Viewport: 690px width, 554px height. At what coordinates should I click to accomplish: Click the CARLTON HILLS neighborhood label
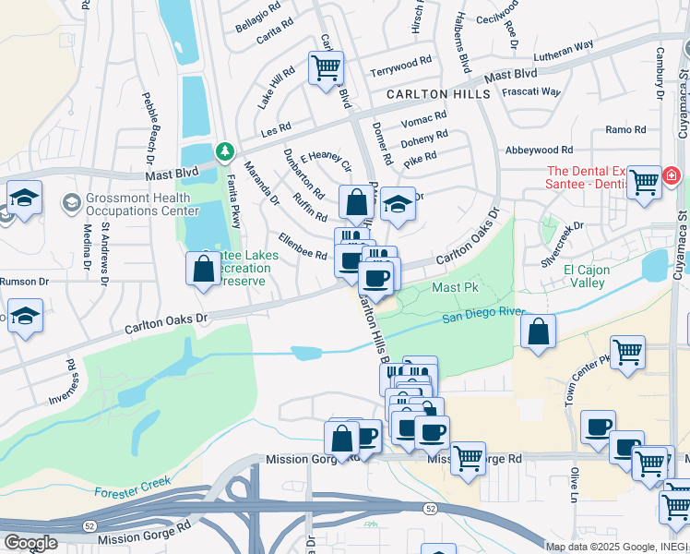439,95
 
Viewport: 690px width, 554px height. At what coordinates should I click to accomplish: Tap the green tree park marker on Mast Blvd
222,150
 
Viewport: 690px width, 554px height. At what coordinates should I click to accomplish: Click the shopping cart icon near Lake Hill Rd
326,67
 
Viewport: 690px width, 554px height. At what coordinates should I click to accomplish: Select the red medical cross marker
671,175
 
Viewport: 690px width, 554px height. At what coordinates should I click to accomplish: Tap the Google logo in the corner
30,543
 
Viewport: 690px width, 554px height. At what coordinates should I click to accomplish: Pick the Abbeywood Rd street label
539,150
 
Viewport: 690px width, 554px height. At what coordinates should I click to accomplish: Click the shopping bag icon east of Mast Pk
538,331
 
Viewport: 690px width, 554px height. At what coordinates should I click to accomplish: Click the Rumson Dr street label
24,282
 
